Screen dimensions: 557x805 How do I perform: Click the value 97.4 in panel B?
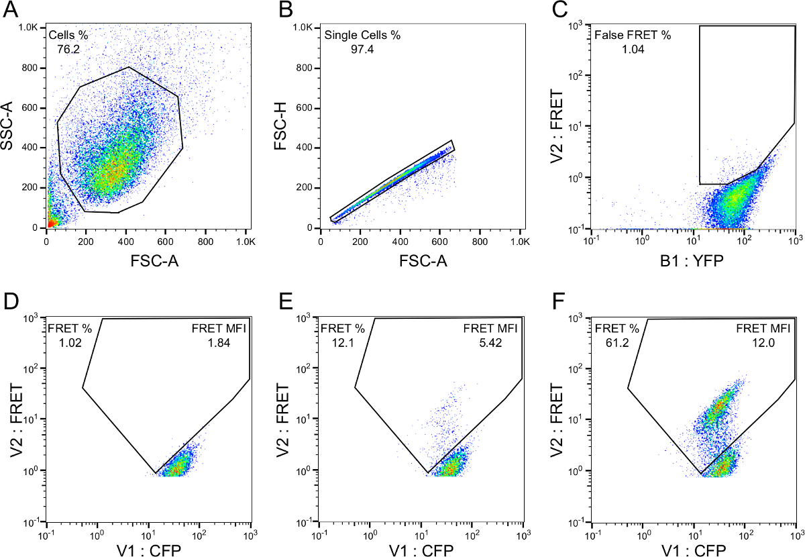pos(362,50)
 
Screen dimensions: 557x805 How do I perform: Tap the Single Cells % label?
pos(362,35)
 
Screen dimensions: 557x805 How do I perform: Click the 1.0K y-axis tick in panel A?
pos(29,28)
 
